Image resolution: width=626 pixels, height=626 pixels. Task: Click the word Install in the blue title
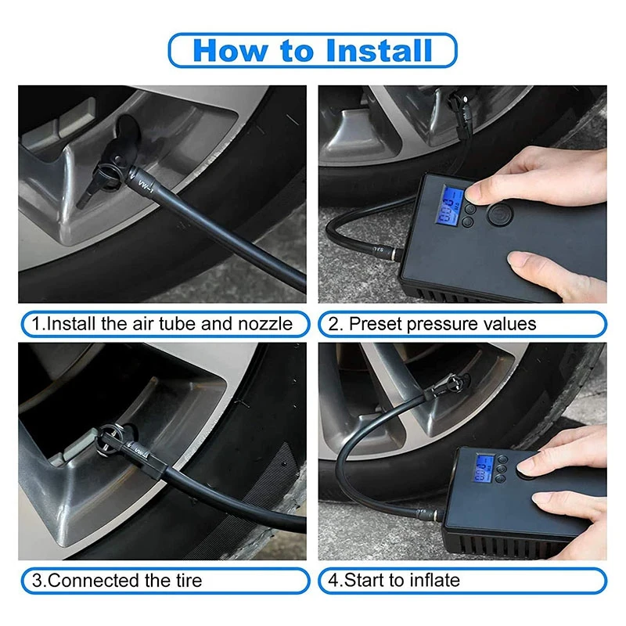coord(379,51)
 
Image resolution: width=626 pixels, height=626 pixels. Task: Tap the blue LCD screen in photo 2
coord(449,206)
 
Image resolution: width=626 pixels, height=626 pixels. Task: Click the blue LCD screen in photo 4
coord(484,468)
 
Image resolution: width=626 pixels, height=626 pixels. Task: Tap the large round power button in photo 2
coord(499,214)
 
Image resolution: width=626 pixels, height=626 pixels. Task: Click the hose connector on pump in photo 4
coord(431,514)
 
